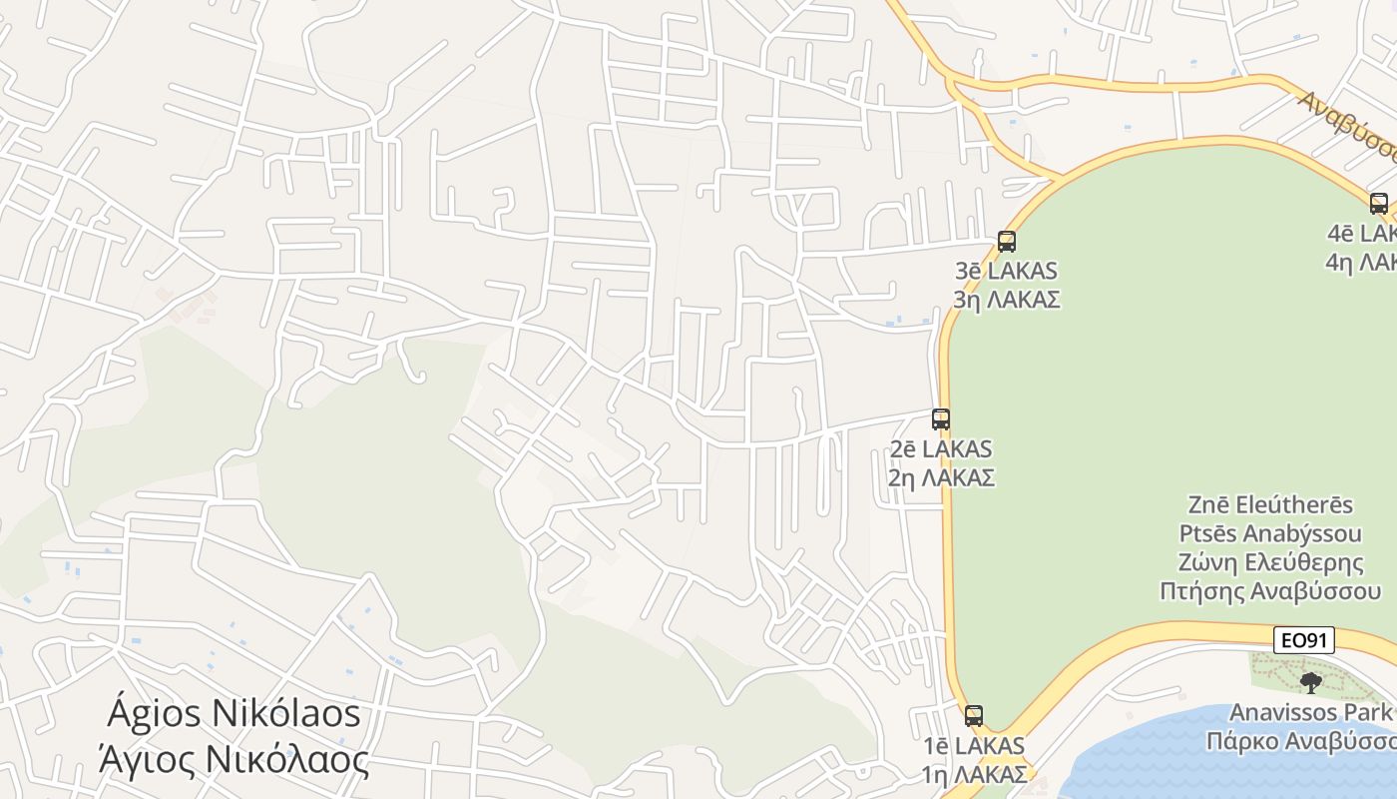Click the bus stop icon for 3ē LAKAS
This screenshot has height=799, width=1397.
1007,242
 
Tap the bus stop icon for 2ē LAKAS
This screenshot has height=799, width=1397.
941,419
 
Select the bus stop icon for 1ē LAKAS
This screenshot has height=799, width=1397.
974,716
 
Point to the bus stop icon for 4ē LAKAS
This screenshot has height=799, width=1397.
1379,204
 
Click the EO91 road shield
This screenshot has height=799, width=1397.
1304,640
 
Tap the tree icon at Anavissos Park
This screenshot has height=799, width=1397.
1311,683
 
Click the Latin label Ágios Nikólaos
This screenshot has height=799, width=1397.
233,714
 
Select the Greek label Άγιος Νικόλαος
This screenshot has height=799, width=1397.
233,760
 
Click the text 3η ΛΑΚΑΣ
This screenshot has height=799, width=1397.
1006,300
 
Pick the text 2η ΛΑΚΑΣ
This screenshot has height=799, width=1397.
941,477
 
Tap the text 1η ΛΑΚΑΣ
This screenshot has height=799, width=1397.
974,774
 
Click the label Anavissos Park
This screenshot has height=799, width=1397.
1310,712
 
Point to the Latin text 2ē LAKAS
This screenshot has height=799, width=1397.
941,449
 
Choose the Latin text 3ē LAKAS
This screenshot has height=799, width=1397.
1006,271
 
